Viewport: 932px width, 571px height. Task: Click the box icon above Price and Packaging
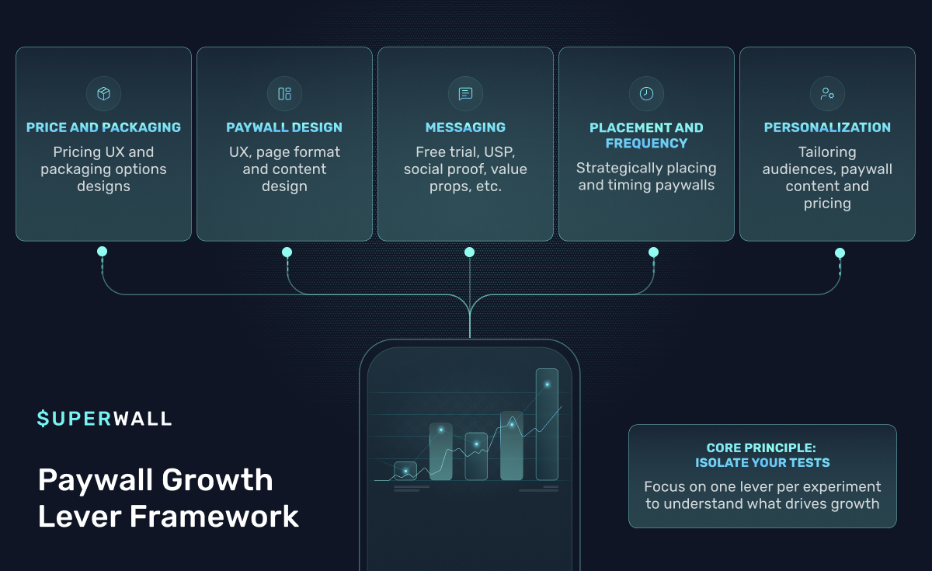103,94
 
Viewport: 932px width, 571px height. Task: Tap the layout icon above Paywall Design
284,94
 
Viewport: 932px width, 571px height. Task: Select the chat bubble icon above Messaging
465,94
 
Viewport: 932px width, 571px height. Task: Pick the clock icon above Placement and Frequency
646,94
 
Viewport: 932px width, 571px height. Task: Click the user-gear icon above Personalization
827,94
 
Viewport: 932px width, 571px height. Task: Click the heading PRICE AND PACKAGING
103,127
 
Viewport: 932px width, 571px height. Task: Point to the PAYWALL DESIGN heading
284,127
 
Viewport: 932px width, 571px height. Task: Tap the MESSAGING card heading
465,127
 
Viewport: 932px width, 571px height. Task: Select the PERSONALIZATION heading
827,127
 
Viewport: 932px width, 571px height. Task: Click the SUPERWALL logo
105,419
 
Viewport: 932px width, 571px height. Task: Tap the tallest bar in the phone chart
547,423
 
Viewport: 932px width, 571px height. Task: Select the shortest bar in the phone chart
405,471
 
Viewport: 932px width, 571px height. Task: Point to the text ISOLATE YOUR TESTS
762,463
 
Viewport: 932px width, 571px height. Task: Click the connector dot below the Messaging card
469,252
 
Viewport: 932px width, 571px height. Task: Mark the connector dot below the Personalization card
840,252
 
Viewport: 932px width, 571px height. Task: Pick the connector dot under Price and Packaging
102,252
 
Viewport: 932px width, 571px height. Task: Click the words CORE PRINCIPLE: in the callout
762,448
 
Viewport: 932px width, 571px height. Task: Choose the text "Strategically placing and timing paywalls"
646,176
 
